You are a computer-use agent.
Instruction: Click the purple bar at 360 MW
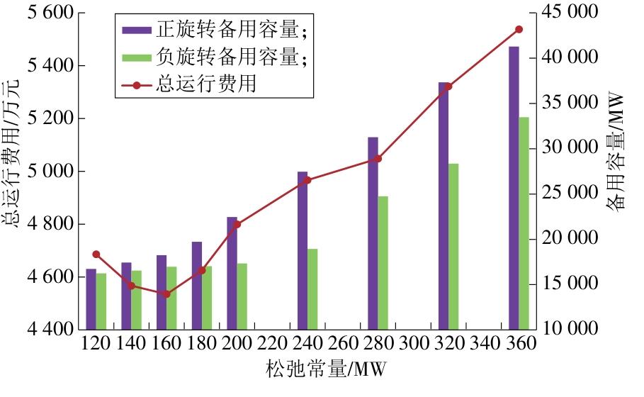(514, 188)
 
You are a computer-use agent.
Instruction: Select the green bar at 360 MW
(524, 223)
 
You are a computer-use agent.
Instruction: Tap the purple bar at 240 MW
(303, 250)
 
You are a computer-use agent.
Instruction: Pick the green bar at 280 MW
(383, 262)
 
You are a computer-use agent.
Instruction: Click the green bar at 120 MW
(101, 301)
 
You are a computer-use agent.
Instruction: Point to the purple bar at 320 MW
(444, 206)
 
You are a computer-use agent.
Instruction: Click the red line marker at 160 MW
(166, 293)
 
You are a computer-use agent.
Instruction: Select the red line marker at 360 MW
(519, 29)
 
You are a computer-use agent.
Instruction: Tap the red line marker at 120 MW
(96, 255)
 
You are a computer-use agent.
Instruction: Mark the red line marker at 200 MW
(237, 224)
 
